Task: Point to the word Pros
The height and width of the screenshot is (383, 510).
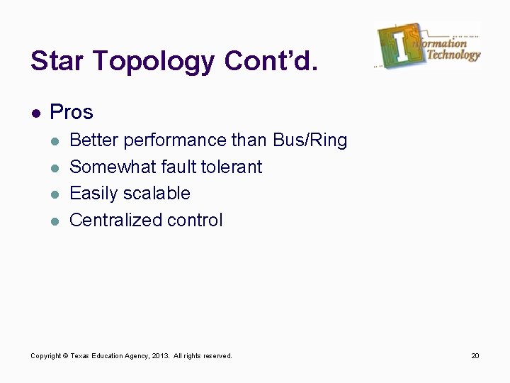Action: [72, 112]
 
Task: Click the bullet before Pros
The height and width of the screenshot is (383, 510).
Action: [35, 113]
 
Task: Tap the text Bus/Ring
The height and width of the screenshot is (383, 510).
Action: [310, 141]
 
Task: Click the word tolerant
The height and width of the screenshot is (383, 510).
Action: [232, 167]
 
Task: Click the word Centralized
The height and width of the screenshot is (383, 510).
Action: [116, 221]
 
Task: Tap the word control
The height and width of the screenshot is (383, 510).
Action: [195, 221]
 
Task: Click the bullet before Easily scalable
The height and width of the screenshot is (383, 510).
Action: [54, 194]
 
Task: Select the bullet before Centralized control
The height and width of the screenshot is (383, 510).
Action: [54, 221]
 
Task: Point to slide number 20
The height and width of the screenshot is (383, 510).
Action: [475, 355]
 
